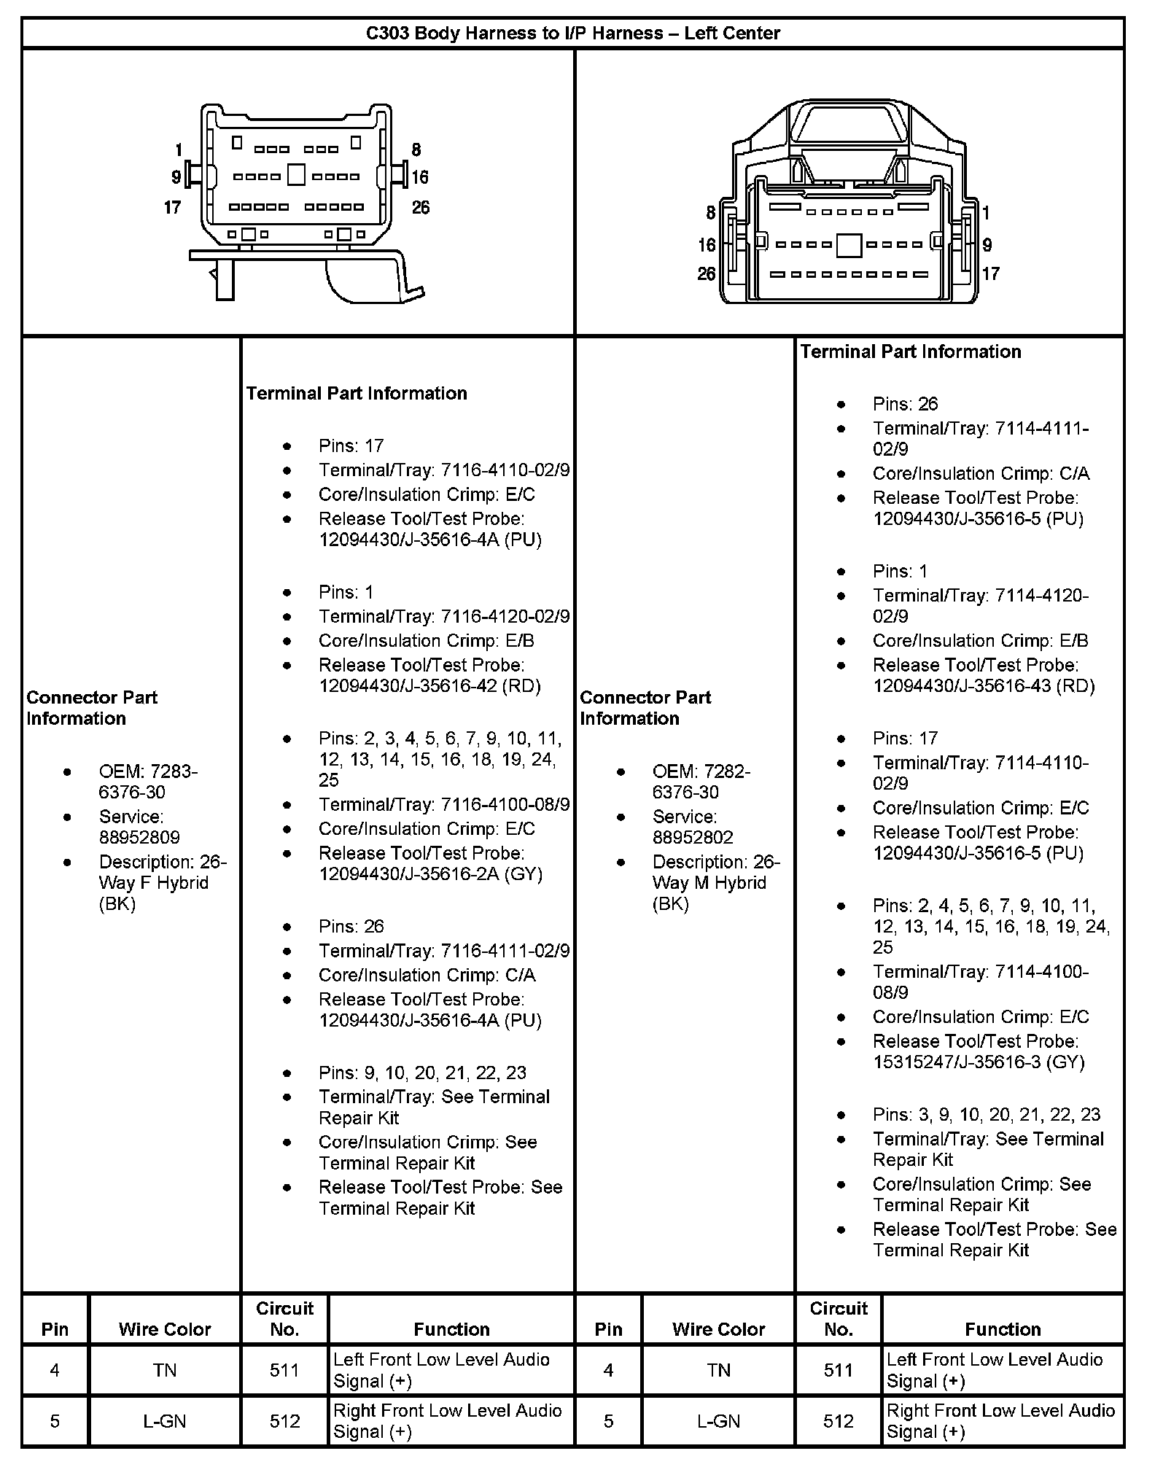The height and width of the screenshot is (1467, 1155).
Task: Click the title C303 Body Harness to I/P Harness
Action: [572, 33]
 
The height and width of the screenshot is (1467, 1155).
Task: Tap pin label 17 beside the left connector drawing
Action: [172, 208]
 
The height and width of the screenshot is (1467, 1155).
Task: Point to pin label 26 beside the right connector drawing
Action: [706, 274]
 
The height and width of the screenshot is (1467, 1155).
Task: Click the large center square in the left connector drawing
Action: [296, 175]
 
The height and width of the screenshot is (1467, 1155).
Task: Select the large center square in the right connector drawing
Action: [849, 245]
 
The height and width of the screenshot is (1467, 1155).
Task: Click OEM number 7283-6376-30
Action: [148, 782]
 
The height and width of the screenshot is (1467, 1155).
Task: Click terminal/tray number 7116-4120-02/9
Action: [505, 616]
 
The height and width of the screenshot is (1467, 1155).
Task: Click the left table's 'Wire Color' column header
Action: [165, 1329]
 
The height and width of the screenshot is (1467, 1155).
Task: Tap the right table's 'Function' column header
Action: [1003, 1329]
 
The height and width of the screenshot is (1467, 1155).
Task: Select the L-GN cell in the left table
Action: [165, 1421]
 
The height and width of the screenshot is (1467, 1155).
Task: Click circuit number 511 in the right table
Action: [839, 1370]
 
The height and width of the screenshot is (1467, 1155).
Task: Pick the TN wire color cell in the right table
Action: [718, 1370]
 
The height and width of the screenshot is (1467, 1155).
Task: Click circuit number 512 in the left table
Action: [284, 1421]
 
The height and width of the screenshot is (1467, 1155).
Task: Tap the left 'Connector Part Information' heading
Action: [92, 707]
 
